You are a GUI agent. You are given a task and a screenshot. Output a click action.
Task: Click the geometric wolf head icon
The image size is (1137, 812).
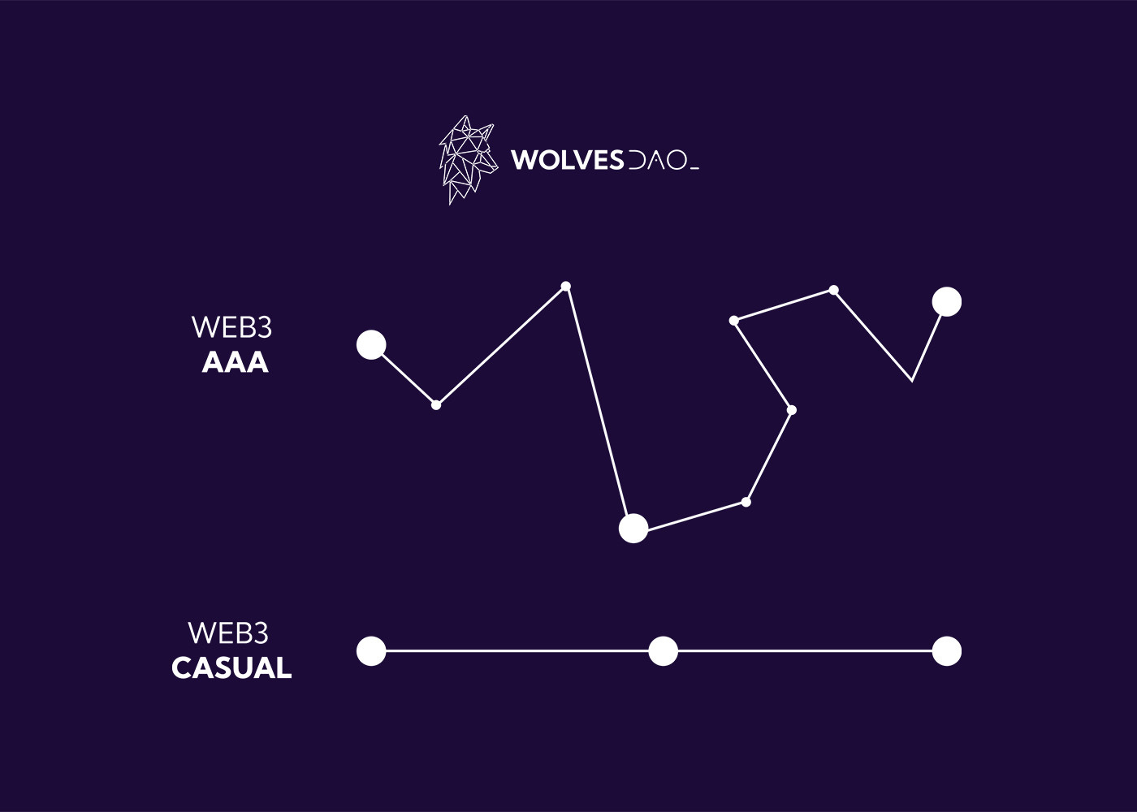pos(468,159)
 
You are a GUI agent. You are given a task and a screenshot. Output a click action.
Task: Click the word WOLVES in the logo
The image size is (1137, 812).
pos(567,160)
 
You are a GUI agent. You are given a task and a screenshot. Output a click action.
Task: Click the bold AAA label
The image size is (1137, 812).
pos(235,362)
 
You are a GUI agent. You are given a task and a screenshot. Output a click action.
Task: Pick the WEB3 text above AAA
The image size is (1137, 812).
pos(231,327)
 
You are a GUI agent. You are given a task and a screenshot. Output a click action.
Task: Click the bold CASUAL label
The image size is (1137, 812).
pos(231,668)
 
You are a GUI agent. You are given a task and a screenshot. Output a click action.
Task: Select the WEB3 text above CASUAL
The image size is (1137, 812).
pos(228,633)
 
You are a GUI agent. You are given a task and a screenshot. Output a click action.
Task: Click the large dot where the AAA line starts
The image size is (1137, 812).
pos(371,345)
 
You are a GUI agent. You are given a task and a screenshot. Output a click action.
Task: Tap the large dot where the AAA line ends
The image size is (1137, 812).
pos(947,302)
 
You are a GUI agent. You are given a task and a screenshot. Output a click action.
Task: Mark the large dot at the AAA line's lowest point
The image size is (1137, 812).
pos(633,529)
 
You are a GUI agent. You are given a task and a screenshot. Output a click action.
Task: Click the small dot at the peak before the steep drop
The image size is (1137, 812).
pos(566,286)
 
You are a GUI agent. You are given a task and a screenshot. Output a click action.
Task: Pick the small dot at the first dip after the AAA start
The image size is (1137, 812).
pos(436,404)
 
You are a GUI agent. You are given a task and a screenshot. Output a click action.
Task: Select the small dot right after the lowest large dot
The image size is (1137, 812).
pos(746,502)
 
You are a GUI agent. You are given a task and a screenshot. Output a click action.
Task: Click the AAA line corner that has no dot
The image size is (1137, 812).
pos(912,380)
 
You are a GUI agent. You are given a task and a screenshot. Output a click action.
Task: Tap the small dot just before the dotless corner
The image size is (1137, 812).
pos(834,290)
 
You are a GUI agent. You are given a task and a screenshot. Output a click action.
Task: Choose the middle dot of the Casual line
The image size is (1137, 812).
pos(664,651)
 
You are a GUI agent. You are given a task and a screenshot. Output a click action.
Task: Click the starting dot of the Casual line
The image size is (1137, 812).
pos(371,651)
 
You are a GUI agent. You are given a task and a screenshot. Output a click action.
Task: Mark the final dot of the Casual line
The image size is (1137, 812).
pos(947,651)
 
